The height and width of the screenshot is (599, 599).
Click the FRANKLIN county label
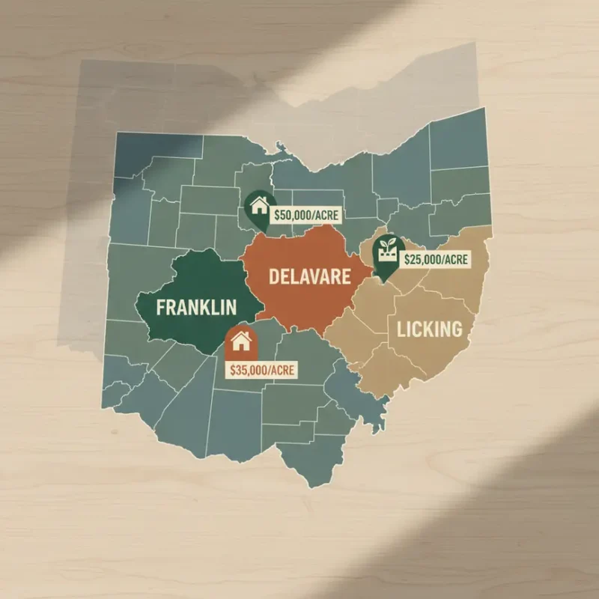pos(196,306)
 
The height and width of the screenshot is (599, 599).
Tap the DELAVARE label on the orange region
pos(309,277)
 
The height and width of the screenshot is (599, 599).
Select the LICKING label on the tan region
pos(424,329)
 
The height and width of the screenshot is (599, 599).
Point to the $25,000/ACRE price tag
pos(435,260)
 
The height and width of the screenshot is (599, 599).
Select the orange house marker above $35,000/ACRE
pos(240,344)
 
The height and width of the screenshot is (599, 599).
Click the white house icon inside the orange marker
pos(240,343)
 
